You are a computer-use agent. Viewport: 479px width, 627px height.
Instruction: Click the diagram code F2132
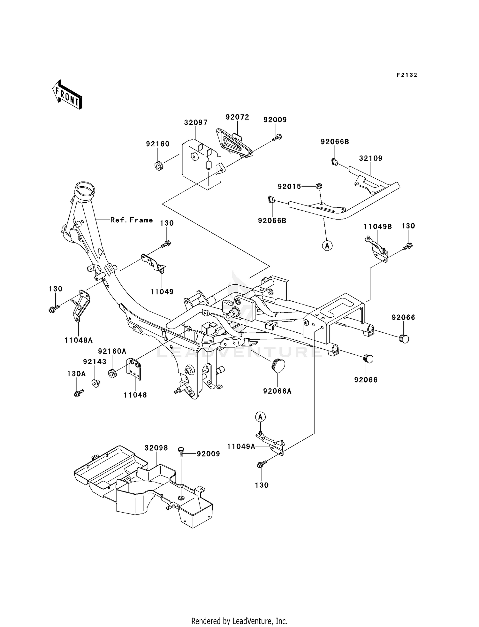pos(407,75)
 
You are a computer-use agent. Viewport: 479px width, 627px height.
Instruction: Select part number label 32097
pos(196,122)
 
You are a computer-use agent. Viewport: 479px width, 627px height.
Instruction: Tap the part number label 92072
pos(237,117)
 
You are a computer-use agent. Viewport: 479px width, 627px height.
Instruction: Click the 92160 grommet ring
pos(159,166)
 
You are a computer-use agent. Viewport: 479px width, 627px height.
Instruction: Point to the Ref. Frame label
pos(132,220)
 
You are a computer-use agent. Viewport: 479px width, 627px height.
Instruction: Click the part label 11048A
pos(79,340)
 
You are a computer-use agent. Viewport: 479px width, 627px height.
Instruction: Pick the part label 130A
pos(76,374)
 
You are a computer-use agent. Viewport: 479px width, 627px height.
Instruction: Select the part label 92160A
pos(112,351)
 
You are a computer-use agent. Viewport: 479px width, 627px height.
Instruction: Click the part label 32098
pos(156,448)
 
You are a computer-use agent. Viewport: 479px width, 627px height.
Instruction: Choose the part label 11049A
pos(241,446)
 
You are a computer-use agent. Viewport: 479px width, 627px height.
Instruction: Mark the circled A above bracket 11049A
pos(261,417)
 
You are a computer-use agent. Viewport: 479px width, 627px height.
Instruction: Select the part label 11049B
pos(378,227)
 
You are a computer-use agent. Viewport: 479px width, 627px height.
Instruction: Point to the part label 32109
pos(370,158)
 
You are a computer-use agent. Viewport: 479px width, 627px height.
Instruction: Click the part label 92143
pos(95,361)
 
